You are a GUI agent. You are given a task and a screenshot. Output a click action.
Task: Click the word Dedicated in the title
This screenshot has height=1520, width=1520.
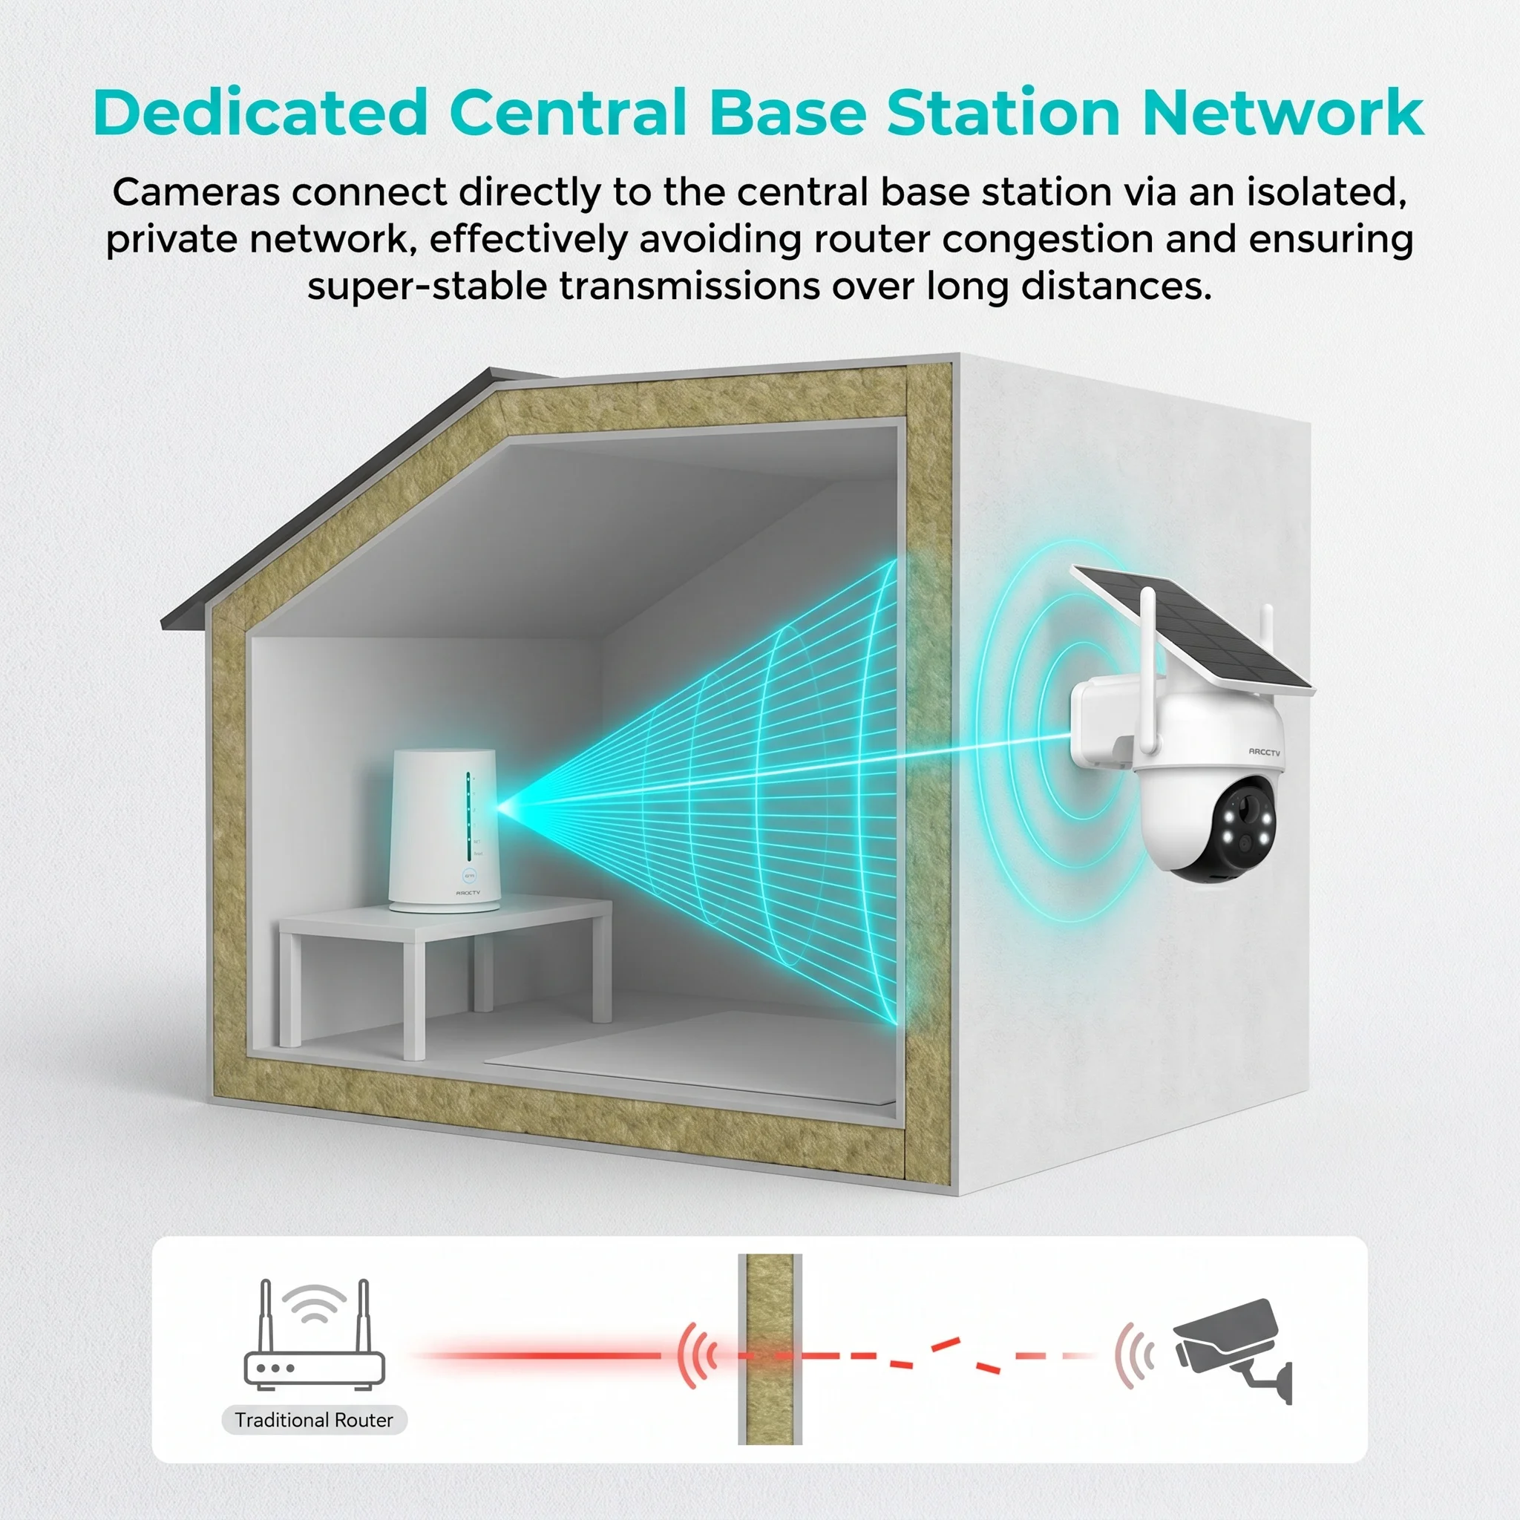point(261,113)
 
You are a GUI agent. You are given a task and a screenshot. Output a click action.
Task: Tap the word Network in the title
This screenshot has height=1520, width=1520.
point(1283,113)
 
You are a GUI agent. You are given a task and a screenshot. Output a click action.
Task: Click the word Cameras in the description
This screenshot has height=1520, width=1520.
point(196,192)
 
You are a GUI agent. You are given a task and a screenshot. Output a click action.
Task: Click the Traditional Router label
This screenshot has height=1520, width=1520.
point(314,1419)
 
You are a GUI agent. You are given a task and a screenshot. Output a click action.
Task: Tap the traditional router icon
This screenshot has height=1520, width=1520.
point(315,1334)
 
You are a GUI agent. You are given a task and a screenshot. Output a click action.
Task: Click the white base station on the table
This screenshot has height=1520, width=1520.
point(444,831)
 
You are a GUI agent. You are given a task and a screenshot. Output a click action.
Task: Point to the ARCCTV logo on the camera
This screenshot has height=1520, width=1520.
point(1264,752)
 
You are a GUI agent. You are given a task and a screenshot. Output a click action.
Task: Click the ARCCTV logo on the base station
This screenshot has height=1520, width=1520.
point(468,892)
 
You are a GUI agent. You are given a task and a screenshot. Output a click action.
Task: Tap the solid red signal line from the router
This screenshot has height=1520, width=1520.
point(543,1354)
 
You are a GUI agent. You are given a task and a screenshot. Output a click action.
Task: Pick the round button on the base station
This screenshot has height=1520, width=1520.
point(470,874)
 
